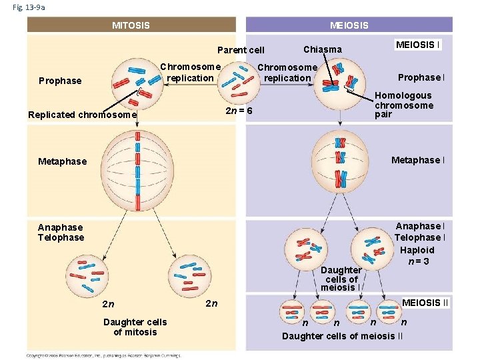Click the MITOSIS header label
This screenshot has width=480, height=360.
coord(131,26)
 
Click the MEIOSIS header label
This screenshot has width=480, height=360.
coord(349,26)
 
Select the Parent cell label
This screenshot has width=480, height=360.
coord(241,50)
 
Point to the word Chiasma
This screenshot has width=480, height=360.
coord(322,49)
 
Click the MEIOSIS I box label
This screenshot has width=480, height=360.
coord(417,45)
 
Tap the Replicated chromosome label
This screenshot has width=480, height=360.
coord(82,115)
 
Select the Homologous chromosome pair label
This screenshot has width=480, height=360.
coord(403,105)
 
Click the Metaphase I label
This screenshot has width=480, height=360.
coord(418,160)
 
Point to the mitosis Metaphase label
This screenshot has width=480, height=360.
coord(62,161)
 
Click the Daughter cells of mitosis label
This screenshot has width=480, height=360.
coord(135,327)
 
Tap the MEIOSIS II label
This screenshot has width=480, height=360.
coord(426,303)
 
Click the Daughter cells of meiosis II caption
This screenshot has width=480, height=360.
coord(342,335)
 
